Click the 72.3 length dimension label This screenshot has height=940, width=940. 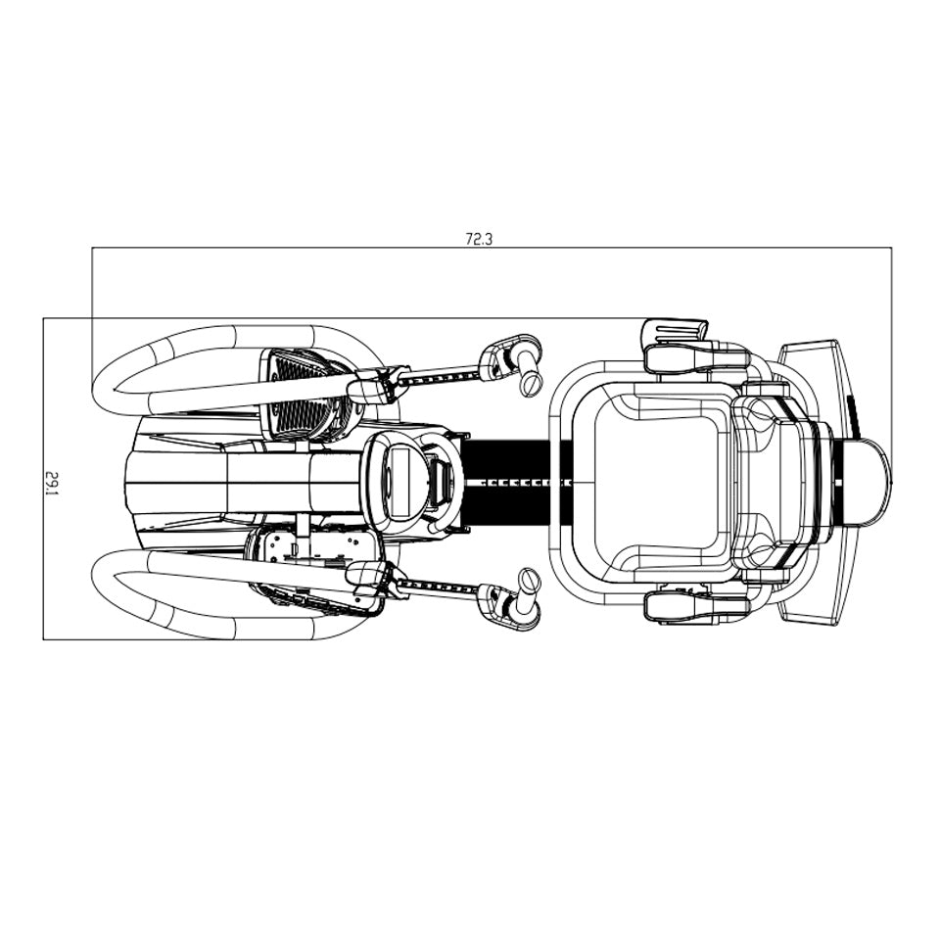coord(478,238)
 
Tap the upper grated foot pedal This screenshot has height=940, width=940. coord(304,392)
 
